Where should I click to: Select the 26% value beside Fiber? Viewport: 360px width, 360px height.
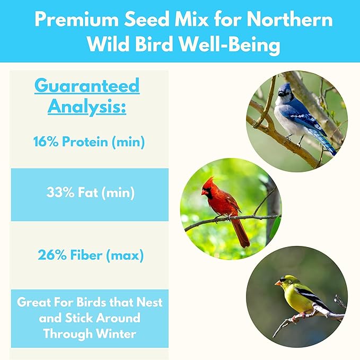(51, 255)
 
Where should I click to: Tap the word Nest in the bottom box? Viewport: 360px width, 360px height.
(149, 303)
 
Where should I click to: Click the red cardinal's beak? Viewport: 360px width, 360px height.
(204, 192)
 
